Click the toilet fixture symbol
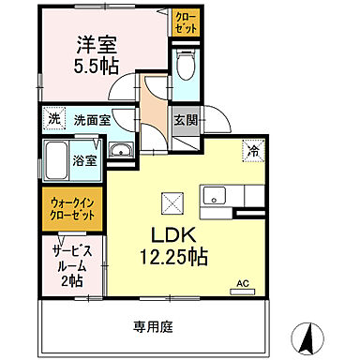[186, 67]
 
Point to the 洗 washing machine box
[52, 120]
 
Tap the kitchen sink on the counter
[215, 196]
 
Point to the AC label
[242, 282]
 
